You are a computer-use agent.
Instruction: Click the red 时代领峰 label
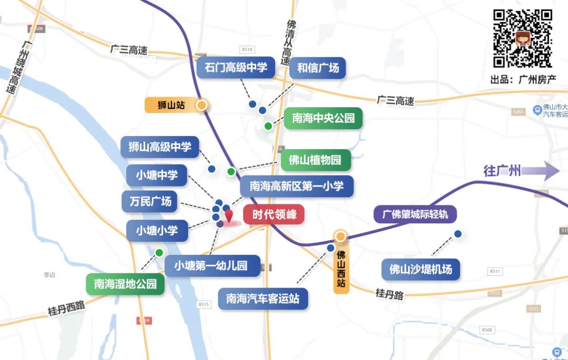pos(273,214)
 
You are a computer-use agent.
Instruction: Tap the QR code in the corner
pos(522,38)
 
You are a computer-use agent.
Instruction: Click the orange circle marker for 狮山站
pos(201,105)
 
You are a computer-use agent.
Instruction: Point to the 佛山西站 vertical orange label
pos(341,269)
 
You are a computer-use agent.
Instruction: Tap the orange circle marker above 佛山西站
pos(340,236)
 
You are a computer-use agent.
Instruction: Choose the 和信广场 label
pos(318,68)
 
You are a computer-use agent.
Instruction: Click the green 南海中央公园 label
pos(323,118)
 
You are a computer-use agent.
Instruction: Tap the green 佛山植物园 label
pos(316,160)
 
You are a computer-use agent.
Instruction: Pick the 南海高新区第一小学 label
pos(297,186)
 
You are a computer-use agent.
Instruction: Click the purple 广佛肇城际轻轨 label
pos(415,214)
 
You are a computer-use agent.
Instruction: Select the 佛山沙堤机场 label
pos(420,270)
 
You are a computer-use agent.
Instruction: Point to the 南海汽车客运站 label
pos(262,299)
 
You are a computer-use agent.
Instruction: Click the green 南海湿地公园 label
pos(125,284)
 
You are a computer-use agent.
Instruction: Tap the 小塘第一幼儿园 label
pos(212,266)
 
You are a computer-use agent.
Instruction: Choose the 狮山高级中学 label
pos(160,147)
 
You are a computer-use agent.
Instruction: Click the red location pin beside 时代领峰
pos(229,216)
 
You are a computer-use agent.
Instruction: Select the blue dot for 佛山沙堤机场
pos(458,234)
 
